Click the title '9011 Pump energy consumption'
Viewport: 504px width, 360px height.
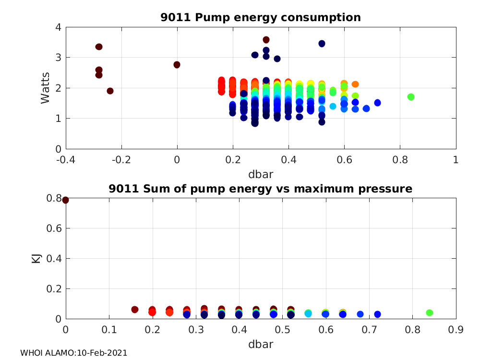261,18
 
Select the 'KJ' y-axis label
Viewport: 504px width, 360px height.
36,259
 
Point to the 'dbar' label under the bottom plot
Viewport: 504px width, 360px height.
261,345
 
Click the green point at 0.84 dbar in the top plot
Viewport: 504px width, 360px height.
411,97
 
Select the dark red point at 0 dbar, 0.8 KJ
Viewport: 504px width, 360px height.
66,200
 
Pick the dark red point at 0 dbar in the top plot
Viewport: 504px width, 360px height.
177,65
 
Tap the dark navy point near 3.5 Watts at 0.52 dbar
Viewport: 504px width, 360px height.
322,44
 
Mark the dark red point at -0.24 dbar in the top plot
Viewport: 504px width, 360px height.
110,91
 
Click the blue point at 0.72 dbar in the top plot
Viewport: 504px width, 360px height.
377,103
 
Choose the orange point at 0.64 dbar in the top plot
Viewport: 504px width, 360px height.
355,84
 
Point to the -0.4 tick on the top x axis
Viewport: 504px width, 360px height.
66,159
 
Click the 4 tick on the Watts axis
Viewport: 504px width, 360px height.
58,27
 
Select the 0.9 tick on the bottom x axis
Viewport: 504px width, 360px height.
456,330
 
